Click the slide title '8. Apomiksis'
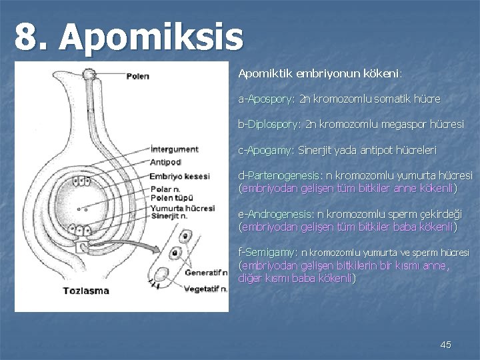point(130,37)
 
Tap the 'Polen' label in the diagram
point(137,76)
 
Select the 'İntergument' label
point(174,149)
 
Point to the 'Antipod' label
point(166,161)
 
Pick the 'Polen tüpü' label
point(172,198)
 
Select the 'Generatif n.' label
point(206,273)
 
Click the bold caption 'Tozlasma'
point(86,291)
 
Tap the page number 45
point(446,345)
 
